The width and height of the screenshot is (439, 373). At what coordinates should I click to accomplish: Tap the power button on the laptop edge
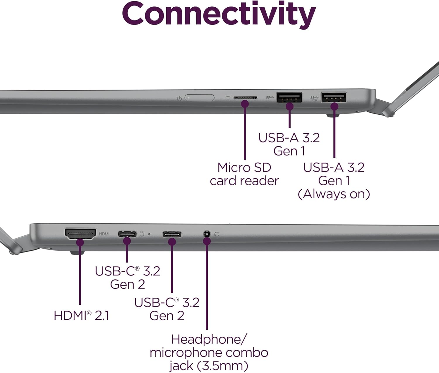(200, 98)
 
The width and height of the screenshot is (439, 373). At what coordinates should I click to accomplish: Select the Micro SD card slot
(245, 98)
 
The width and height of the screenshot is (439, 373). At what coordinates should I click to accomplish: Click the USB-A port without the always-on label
(289, 97)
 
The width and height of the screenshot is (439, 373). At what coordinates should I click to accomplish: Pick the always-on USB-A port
(334, 97)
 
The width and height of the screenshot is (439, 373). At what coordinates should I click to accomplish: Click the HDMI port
(80, 234)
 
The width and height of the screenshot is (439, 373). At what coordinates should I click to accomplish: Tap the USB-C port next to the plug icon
(127, 234)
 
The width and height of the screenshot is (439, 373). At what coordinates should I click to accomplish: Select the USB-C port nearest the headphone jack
(172, 235)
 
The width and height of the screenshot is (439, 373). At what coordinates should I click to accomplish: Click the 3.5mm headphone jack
(207, 234)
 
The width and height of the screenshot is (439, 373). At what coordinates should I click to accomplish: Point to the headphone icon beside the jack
(217, 235)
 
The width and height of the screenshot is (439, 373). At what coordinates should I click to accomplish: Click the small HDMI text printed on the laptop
(104, 234)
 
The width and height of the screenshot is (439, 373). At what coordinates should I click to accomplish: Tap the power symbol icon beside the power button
(179, 98)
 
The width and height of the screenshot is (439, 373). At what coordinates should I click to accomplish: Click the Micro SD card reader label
(244, 174)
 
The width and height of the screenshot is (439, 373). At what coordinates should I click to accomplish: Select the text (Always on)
(334, 194)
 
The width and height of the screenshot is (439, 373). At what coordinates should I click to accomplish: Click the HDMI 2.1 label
(81, 316)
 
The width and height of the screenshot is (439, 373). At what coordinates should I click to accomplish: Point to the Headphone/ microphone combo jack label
(209, 353)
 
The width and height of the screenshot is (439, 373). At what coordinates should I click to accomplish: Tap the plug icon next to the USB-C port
(142, 234)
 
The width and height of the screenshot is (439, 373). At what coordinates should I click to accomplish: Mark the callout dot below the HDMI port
(80, 242)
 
